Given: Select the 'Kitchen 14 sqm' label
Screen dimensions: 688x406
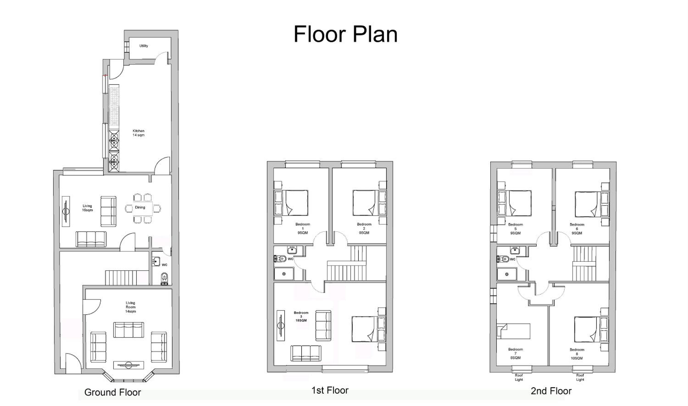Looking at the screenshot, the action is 139,133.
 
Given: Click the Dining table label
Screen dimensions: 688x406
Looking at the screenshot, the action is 140,207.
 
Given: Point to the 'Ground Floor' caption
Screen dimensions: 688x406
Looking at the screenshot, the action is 113,392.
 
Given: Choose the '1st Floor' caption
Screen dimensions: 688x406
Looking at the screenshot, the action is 330,390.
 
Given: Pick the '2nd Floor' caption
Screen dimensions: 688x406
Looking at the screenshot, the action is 551,391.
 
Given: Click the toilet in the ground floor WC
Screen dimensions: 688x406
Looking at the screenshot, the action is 164,278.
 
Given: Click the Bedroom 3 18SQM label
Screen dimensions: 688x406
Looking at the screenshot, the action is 301,317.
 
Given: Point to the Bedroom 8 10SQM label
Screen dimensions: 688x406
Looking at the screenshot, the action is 577,354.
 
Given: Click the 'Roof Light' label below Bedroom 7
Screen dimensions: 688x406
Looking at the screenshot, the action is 519,378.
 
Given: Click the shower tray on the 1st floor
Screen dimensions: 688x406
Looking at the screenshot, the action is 284,274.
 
